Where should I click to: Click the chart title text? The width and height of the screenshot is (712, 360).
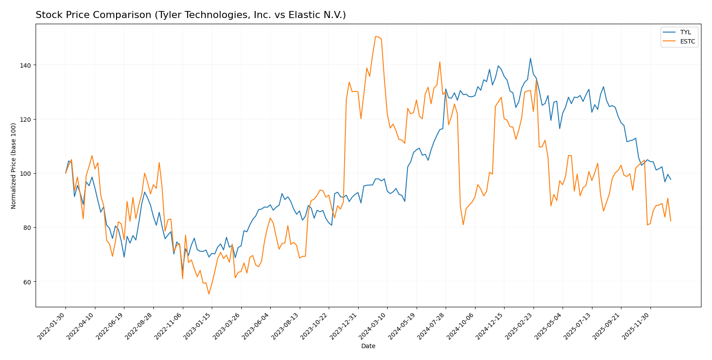190,15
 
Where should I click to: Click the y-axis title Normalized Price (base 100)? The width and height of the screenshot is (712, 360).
14,166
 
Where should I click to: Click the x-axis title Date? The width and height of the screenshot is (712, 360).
368,346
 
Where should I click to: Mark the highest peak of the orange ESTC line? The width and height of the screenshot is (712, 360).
376,36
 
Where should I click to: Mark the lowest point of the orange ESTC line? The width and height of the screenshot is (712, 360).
209,294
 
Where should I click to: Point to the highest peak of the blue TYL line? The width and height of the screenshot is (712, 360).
530,58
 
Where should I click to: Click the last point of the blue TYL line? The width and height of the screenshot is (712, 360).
670,179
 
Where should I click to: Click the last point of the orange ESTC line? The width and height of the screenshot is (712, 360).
670,221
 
